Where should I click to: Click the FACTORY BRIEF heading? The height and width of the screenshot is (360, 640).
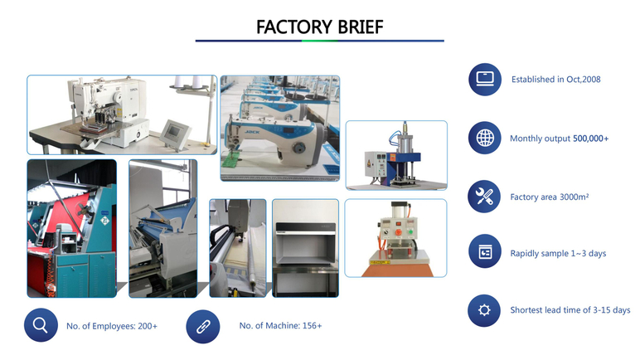coord(320,27)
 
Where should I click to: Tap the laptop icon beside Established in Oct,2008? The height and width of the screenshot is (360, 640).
coord(485,80)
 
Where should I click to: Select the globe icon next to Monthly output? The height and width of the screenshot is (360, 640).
coord(485,139)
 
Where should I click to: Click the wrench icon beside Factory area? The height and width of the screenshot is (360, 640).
coord(484,197)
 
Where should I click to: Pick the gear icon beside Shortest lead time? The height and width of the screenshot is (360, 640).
coord(484,310)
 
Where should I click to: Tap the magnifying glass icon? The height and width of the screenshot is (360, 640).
coord(41,325)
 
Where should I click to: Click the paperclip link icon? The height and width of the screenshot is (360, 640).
coord(203,327)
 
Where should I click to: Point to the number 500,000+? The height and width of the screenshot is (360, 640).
coord(590,139)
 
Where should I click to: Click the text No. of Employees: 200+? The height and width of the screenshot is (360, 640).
coord(112,326)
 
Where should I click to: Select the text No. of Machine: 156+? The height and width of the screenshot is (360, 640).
coord(280,326)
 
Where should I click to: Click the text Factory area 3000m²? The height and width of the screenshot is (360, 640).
coord(550,197)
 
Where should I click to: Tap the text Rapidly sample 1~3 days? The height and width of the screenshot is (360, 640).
coord(558,253)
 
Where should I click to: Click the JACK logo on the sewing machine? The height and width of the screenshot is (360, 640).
coord(252,132)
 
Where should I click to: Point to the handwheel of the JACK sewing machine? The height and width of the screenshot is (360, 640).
coord(300,148)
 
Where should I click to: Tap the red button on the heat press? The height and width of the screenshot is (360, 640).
coord(398,232)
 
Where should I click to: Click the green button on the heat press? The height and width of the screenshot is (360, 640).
coord(411,232)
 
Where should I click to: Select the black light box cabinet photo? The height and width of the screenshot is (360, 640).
coord(305,248)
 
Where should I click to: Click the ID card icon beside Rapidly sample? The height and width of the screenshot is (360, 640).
coord(484,251)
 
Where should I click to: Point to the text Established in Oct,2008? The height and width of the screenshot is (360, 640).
coord(556,80)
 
